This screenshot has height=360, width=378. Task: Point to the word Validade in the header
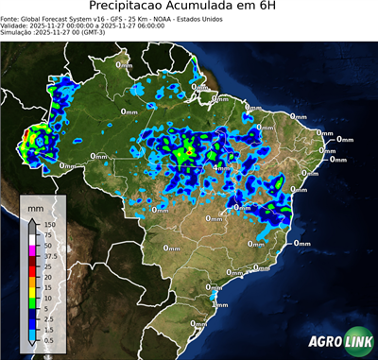[16, 25]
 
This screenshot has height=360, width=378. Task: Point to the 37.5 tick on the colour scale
[55, 255]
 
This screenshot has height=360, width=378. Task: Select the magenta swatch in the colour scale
[32, 249]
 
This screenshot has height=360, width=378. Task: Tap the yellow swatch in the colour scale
[32, 291]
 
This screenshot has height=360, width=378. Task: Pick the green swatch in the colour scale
[32, 301]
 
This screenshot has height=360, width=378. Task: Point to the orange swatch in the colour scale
[32, 281]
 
